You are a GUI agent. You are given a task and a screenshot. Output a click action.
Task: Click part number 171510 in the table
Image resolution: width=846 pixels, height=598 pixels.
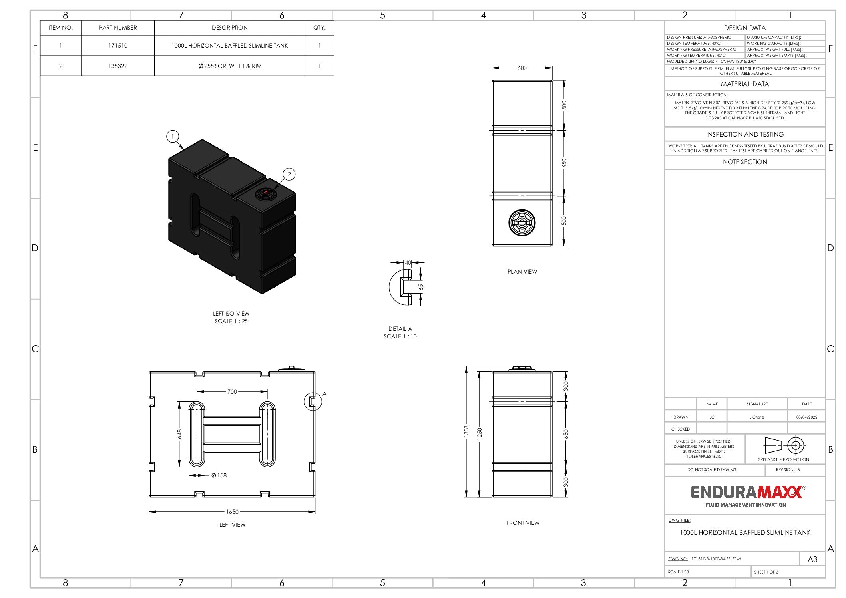118,46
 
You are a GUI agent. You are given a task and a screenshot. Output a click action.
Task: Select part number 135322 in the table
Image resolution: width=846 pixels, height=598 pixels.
118,66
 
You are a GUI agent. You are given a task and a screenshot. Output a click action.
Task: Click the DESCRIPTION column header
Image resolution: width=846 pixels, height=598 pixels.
229,28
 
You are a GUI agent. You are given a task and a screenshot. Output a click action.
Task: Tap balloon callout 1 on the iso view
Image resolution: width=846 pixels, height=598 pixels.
172,137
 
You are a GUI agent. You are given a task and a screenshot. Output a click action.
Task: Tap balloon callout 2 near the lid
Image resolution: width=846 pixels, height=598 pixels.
289,174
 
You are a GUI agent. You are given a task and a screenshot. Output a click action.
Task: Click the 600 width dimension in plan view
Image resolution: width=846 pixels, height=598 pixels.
522,68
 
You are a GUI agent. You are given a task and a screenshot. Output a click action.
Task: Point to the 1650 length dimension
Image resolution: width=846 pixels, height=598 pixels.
232,512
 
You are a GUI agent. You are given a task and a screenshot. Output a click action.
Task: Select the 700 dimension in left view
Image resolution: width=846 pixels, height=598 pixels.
232,392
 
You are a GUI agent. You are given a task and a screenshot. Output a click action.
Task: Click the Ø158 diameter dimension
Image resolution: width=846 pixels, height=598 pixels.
219,475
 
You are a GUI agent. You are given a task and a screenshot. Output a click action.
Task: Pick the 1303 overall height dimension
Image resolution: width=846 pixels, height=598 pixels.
466,431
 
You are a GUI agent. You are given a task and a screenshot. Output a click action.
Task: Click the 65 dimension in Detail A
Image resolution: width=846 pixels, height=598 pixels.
421,287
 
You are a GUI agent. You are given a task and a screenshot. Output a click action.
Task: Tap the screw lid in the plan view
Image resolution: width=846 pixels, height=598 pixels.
522,223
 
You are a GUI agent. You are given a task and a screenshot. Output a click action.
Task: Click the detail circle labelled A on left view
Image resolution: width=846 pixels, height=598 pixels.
313,401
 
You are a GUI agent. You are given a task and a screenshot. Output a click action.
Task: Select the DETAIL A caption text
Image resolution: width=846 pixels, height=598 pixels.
400,329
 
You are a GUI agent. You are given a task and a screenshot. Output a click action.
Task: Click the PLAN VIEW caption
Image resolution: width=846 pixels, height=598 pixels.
522,272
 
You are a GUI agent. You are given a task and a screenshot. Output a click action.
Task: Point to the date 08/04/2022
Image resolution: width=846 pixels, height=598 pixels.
806,417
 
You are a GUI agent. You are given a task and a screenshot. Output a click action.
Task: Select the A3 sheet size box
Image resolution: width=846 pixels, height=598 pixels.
812,559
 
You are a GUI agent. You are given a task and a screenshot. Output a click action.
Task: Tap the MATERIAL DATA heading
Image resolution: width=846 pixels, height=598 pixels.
744,84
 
